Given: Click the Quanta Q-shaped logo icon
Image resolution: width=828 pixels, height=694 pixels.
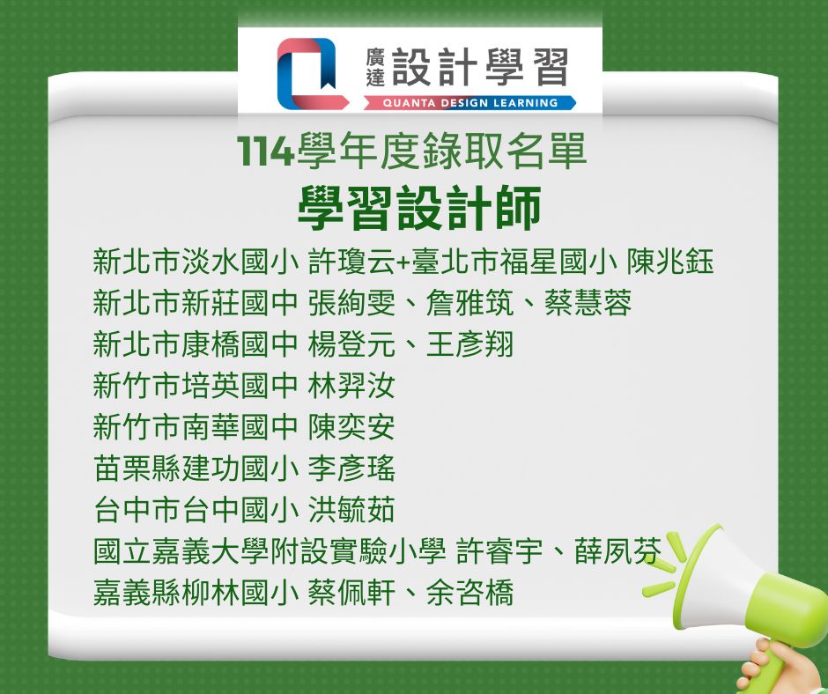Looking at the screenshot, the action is pos(313,73).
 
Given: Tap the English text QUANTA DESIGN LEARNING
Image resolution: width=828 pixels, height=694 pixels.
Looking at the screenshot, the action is pos(470,103).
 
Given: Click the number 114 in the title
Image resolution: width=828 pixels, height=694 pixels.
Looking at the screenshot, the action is pos(265,151).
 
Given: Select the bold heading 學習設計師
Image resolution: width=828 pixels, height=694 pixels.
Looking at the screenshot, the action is pos(420,208).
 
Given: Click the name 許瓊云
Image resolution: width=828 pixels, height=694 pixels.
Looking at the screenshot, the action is pos(351,262).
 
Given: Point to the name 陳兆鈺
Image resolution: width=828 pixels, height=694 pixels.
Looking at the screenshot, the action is pos(670,262).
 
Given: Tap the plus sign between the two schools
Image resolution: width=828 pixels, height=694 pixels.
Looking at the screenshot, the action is pos(403,262).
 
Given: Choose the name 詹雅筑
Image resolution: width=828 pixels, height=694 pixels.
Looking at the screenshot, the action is pos(469,303).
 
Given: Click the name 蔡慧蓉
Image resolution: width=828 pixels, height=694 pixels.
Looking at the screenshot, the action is pos(588,303).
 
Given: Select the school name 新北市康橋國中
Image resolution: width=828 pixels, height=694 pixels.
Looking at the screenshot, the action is pos(196,343).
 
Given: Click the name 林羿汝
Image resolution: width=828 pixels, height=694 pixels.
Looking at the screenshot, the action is pos(351,386).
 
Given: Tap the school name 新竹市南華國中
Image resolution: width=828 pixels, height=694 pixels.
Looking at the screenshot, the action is pos(196,427).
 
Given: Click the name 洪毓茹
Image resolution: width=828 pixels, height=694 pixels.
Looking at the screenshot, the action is pos(351,509).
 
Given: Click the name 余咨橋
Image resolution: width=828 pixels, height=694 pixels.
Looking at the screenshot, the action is pos(469,592).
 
